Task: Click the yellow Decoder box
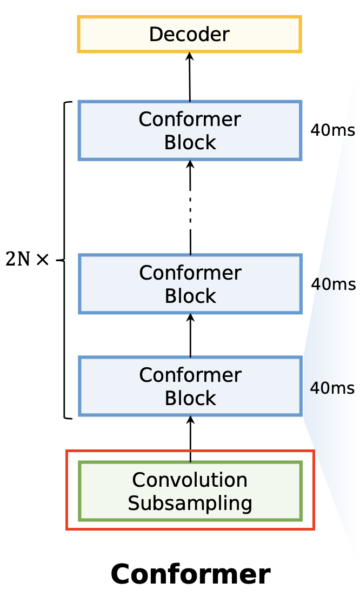[189, 34]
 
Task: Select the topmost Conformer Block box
[190, 130]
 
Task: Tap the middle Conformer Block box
[190, 283]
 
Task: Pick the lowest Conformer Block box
[190, 386]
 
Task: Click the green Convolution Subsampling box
[190, 491]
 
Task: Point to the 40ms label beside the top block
[332, 130]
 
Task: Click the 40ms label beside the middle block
[333, 284]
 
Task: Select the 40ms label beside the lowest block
[332, 388]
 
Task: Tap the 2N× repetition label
[27, 260]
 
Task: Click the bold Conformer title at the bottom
[190, 574]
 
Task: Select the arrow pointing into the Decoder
[190, 76]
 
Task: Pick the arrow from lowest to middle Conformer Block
[190, 335]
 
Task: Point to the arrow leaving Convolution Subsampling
[190, 437]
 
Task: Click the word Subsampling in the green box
[190, 503]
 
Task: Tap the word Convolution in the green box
[190, 480]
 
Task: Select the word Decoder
[189, 35]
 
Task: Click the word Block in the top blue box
[190, 142]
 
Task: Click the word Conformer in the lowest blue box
[190, 375]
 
